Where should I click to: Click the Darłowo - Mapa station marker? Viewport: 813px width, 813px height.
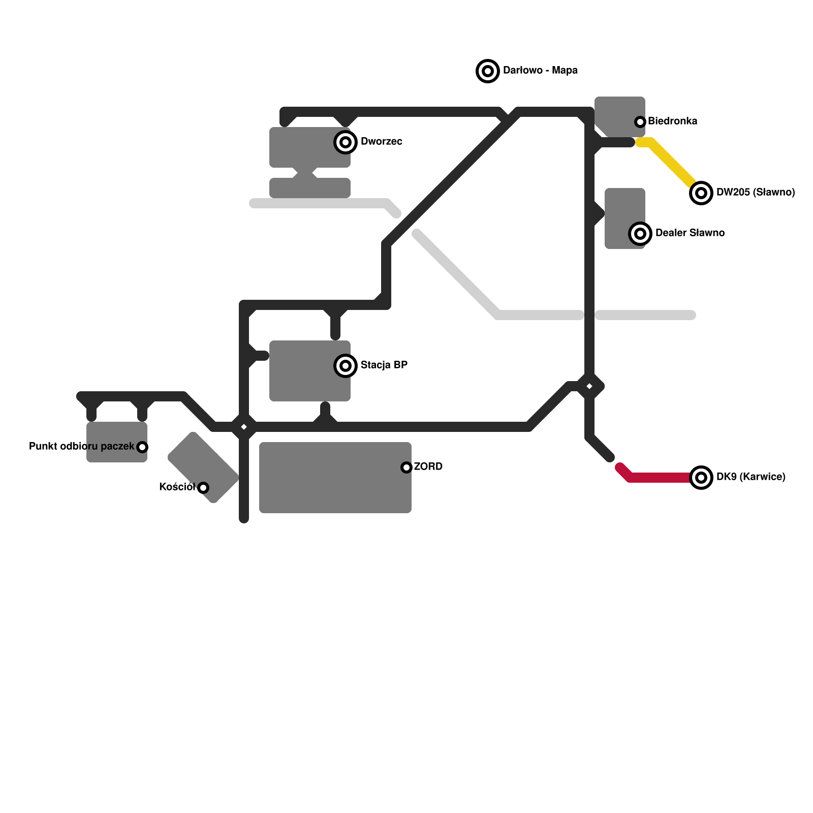pyautogui.click(x=488, y=71)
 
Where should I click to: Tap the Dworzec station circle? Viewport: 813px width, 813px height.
pyautogui.click(x=346, y=142)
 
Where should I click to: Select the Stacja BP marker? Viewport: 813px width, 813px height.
pyautogui.click(x=346, y=365)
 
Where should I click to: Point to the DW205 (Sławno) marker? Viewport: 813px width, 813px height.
pyautogui.click(x=701, y=193)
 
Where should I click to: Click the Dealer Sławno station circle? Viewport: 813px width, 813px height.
pyautogui.click(x=640, y=234)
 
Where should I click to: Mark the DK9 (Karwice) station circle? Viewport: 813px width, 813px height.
pyautogui.click(x=701, y=478)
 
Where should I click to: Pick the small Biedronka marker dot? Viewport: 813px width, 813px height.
pyautogui.click(x=640, y=122)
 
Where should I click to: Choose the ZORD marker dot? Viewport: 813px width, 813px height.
pyautogui.click(x=407, y=467)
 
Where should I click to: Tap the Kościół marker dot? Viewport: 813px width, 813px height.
pyautogui.click(x=203, y=488)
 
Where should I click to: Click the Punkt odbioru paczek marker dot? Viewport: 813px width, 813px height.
pyautogui.click(x=142, y=447)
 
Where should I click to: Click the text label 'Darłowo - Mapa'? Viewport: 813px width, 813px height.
pyautogui.click(x=540, y=71)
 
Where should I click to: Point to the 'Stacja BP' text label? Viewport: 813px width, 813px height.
pyautogui.click(x=384, y=365)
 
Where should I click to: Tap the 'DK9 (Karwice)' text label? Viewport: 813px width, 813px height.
pyautogui.click(x=751, y=477)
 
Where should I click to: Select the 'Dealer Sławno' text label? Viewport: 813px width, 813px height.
pyautogui.click(x=690, y=233)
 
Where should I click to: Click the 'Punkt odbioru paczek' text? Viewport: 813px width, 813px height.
pyautogui.click(x=81, y=447)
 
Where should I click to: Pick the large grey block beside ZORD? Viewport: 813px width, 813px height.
pyautogui.click(x=330, y=483)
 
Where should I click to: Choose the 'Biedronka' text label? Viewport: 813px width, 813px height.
pyautogui.click(x=673, y=121)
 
